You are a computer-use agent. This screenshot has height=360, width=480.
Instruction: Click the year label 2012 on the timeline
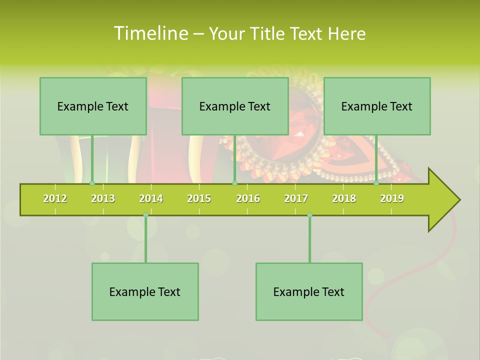click(x=55, y=198)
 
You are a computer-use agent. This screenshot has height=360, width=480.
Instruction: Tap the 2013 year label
click(x=103, y=198)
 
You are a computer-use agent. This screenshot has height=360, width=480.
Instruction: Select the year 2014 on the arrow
click(x=151, y=198)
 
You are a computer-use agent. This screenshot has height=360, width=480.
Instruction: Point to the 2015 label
click(x=199, y=198)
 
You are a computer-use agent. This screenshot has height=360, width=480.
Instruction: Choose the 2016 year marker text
click(x=248, y=198)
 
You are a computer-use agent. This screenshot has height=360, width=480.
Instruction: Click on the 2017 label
click(x=296, y=198)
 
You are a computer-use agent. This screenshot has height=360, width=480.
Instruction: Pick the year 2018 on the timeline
click(x=344, y=198)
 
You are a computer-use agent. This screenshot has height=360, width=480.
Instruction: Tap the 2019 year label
click(x=392, y=198)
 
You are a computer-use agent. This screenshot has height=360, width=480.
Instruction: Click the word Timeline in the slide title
click(x=150, y=33)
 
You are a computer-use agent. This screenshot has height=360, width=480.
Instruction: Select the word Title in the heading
click(x=267, y=33)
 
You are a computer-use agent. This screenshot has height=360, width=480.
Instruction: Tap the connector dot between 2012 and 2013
click(x=92, y=183)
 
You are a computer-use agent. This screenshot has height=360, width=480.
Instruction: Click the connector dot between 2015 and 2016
click(x=234, y=183)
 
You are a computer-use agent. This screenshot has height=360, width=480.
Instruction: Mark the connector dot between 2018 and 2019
click(x=376, y=183)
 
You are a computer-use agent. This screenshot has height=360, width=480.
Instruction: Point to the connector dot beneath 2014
click(x=145, y=215)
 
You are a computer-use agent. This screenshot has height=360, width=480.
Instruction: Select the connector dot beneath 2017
click(x=309, y=215)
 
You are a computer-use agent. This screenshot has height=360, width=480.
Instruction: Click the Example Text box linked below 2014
click(x=145, y=291)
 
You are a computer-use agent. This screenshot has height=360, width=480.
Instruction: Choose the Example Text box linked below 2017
click(x=309, y=291)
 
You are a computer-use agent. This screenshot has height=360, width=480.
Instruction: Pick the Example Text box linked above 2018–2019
click(x=377, y=106)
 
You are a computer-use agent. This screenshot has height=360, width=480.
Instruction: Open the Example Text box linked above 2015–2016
click(x=235, y=106)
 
